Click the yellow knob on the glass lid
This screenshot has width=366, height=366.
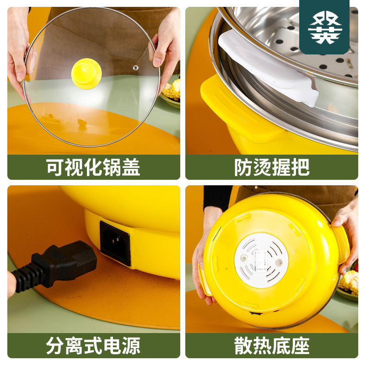(x=86, y=71)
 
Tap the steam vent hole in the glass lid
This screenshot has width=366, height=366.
(x=135, y=68)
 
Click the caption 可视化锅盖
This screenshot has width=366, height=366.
(x=93, y=167)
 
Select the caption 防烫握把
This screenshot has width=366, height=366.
(x=272, y=167)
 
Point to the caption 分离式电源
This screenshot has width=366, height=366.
(x=93, y=345)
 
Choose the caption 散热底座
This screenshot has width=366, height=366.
(x=272, y=345)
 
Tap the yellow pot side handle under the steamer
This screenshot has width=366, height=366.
(x=238, y=110)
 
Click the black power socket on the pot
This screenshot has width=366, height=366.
(x=115, y=242)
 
